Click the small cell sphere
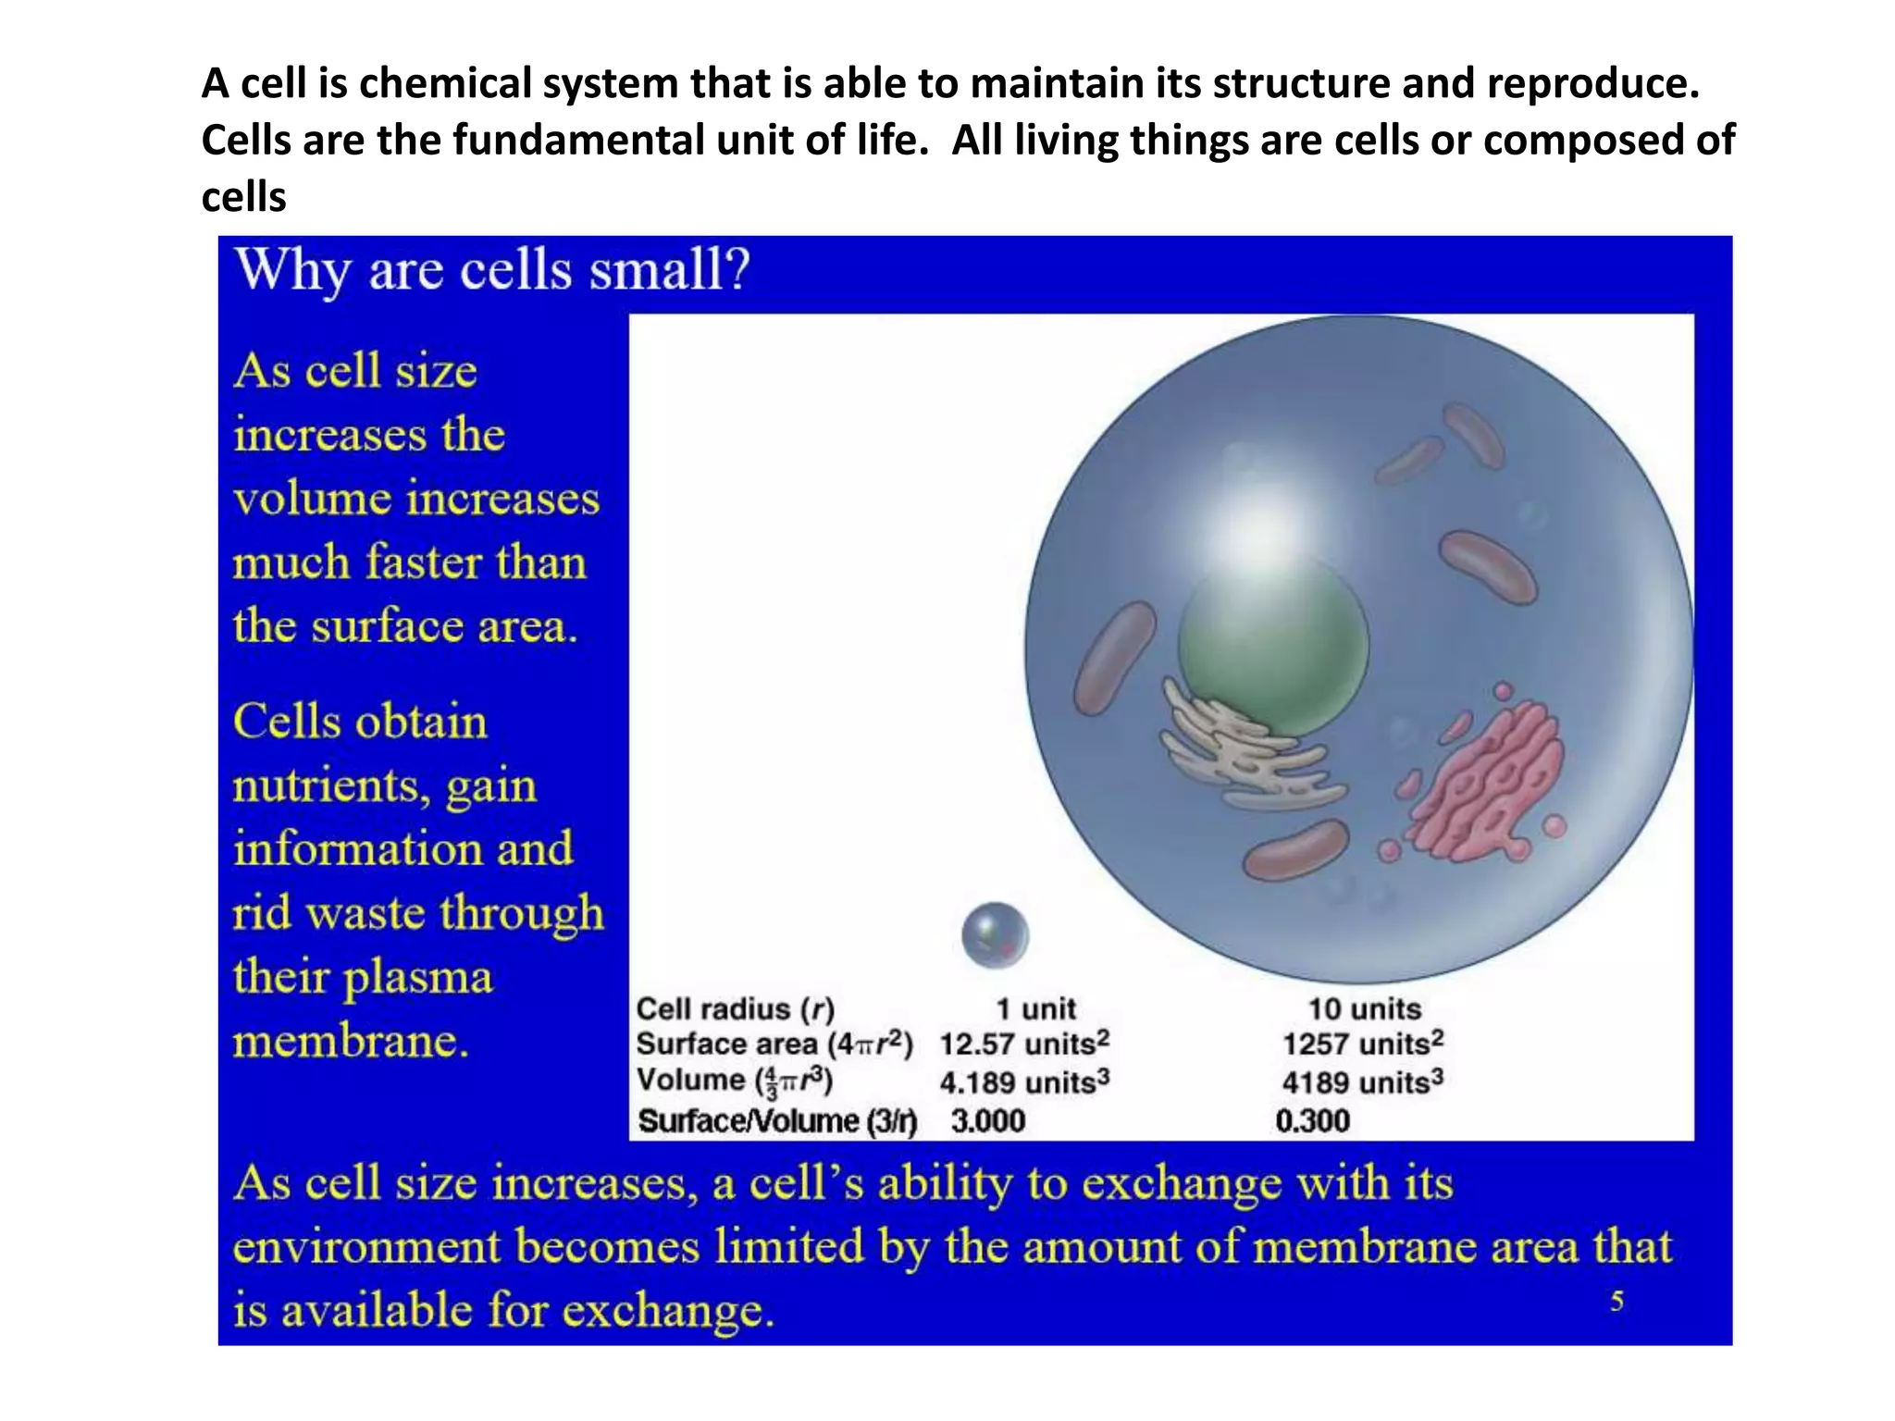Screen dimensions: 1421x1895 995,935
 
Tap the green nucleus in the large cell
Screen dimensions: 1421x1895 1272,648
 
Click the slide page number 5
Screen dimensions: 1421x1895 1616,1302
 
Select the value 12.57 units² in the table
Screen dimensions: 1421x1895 1023,1044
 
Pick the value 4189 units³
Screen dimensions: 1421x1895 1362,1081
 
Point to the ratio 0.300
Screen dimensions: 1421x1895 1312,1121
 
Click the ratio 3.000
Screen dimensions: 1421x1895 987,1121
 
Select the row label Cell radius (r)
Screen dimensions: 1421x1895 735,1008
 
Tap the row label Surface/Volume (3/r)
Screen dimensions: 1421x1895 777,1121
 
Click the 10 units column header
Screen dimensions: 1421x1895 1364,1008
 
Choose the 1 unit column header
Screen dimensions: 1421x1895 1035,1008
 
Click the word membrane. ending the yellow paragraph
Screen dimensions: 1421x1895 351,1042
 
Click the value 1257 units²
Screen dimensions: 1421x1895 1362,1044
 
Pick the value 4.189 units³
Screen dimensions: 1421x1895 1023,1081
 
